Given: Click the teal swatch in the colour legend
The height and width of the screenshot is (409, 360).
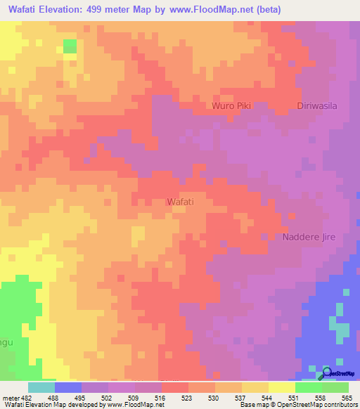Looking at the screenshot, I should coord(41,387).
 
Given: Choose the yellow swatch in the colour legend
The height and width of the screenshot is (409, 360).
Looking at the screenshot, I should coord(281,387).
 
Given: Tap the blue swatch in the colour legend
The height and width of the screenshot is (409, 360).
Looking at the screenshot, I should coord(67,387).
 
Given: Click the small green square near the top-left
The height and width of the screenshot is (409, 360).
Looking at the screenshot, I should coord(70,46).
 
